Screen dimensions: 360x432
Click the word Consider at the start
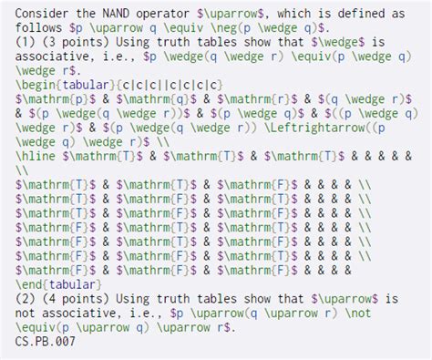pos(44,14)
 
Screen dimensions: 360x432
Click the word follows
pos(40,28)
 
